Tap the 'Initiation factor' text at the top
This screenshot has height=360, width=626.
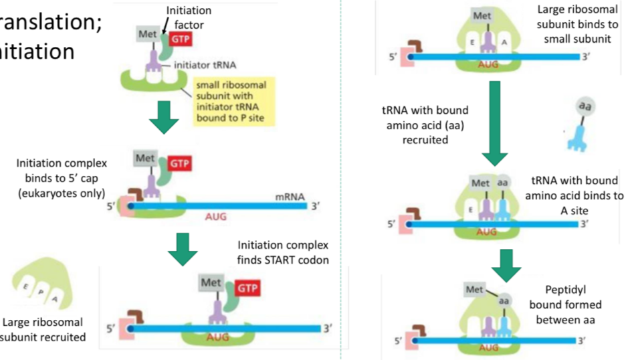189,17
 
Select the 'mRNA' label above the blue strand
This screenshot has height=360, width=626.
290,197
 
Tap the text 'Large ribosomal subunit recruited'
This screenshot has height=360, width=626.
43,329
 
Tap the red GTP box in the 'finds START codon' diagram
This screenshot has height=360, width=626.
247,288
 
